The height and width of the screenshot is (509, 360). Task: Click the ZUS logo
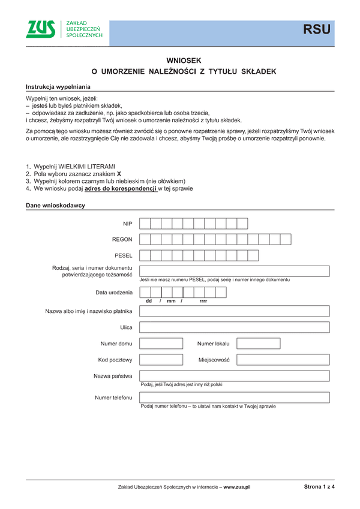pos(41,29)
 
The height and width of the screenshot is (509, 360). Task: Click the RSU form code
pos(316,29)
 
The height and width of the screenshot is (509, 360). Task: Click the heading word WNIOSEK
pos(184,60)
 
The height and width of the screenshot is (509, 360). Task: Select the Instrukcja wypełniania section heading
pos(58,86)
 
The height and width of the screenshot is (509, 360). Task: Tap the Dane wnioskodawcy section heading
pos(55,206)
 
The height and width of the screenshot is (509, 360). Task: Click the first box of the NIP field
pos(145,224)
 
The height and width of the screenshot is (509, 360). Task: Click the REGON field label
pos(122,239)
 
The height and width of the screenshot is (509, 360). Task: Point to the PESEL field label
pos(123,255)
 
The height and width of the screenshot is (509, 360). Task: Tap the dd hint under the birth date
pos(149,300)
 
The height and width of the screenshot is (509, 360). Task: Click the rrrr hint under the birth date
pos(203,300)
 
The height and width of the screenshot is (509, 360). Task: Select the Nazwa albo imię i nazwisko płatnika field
pos(234,311)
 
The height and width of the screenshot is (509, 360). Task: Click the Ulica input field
pos(234,327)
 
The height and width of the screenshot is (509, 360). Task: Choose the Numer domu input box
pos(161,344)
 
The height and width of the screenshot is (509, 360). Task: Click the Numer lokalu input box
pos(258,344)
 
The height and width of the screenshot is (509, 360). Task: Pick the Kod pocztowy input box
pos(161,360)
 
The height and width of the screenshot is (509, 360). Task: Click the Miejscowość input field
pos(283,360)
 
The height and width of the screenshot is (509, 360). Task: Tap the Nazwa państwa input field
pos(234,376)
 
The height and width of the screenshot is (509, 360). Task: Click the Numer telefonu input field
pos(234,397)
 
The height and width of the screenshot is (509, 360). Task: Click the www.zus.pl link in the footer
pos(236,487)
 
